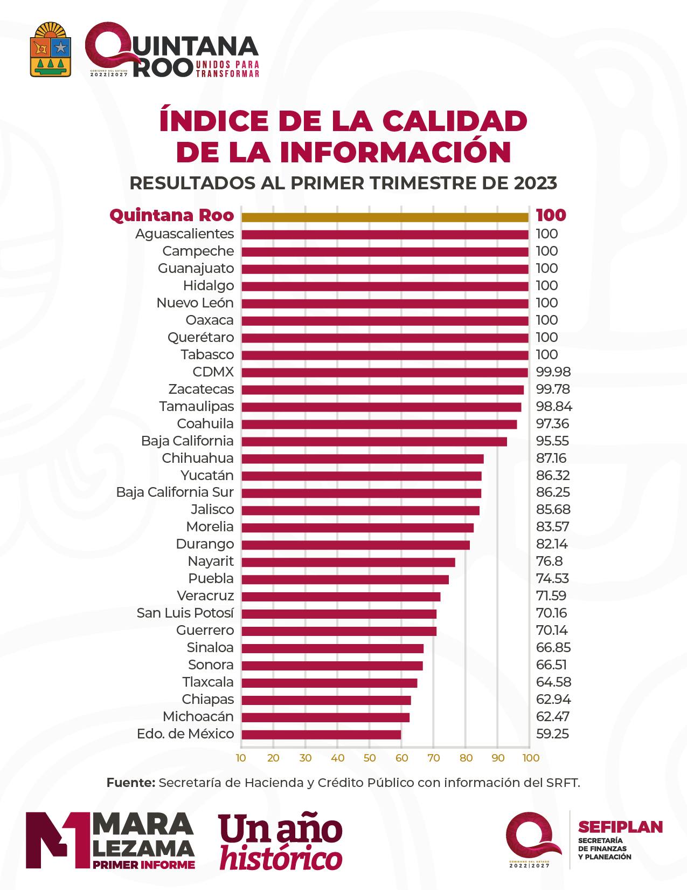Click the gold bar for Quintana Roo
pyautogui.click(x=385, y=217)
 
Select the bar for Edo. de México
pyautogui.click(x=321, y=735)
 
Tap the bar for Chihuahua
pyautogui.click(x=362, y=459)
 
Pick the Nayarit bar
pyautogui.click(x=348, y=562)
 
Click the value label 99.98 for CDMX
pyautogui.click(x=553, y=372)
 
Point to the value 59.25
pyautogui.click(x=552, y=734)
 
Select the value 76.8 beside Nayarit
pyautogui.click(x=549, y=562)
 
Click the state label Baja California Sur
pyautogui.click(x=175, y=492)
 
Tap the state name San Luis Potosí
pyautogui.click(x=185, y=613)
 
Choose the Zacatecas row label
pyautogui.click(x=201, y=389)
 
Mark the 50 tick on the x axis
pyautogui.click(x=369, y=758)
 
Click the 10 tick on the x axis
pyautogui.click(x=241, y=758)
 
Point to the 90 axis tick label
pyautogui.click(x=498, y=758)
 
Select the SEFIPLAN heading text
pyautogui.click(x=620, y=827)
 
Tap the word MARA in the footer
pyautogui.click(x=143, y=824)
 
